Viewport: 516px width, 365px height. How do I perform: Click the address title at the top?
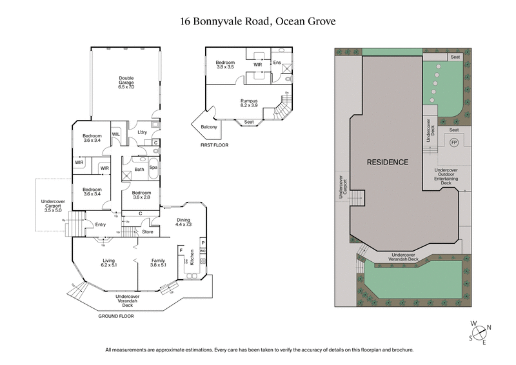pos(258,21)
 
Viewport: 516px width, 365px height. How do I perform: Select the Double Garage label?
pos(126,82)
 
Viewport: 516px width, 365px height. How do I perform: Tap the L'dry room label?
pos(143,132)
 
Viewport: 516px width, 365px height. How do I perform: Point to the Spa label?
pos(154,168)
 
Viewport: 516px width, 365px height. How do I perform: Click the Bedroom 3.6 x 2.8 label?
pos(141,195)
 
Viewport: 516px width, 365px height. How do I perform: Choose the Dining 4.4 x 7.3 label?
pos(184,223)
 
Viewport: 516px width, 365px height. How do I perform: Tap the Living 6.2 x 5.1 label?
pos(108,262)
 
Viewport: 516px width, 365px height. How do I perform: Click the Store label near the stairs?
pos(148,231)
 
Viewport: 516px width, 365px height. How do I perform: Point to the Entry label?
pos(100,225)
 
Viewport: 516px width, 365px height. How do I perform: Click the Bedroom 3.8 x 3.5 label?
pos(224,64)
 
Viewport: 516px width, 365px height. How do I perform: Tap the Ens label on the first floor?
pos(277,63)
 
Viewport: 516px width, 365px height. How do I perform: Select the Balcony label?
pos(209,127)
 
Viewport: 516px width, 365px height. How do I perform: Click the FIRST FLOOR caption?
pos(214,145)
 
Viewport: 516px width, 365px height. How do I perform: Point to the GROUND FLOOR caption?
pos(117,317)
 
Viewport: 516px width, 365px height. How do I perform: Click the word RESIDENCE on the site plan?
pos(388,162)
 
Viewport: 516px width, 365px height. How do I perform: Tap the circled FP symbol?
pos(453,143)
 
